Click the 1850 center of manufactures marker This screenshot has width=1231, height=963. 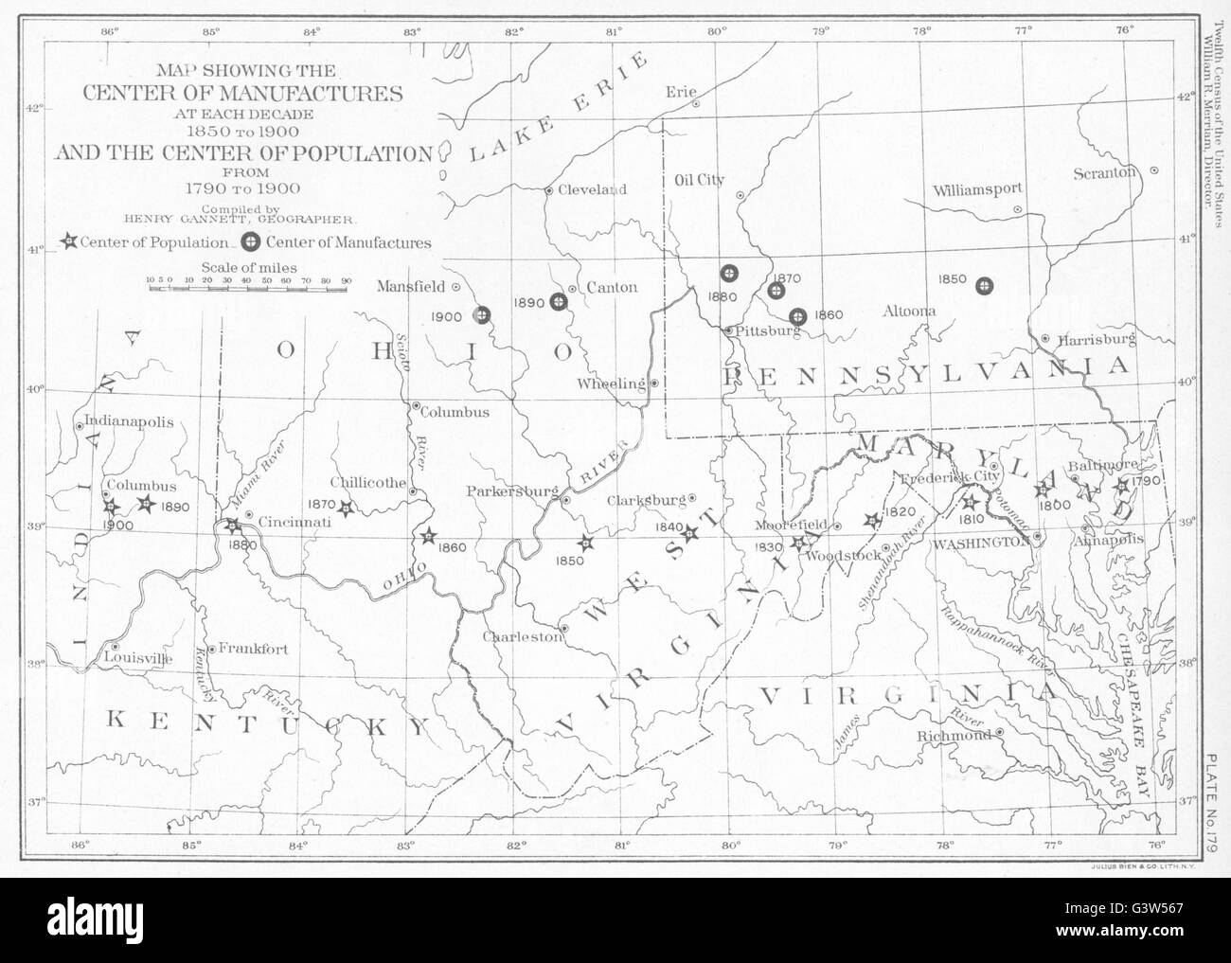coord(985,285)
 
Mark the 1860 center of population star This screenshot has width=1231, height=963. coord(428,537)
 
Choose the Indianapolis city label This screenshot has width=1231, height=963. coord(130,422)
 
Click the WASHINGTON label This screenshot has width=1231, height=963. coord(979,543)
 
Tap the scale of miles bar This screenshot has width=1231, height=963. coord(249,285)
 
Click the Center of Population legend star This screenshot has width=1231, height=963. coord(69,242)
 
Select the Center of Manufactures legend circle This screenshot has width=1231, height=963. coord(252,242)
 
